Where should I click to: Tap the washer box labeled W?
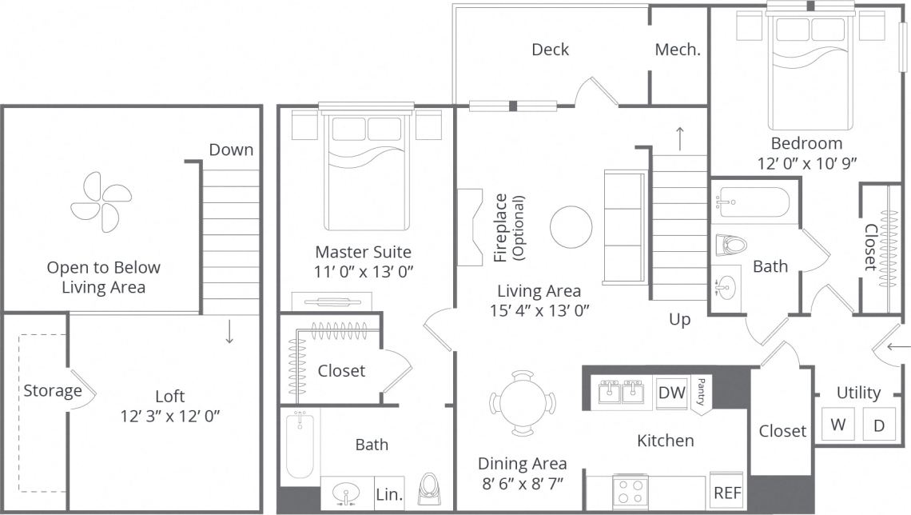coord(837,425)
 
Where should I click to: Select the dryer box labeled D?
coord(879,425)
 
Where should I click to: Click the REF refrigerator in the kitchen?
coord(726,493)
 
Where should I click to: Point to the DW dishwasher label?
coord(672,393)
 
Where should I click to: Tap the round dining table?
coord(523,403)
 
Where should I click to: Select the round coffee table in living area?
coord(571,226)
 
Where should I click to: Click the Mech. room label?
coord(678,50)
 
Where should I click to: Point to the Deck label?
coord(550,50)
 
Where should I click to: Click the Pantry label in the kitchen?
coord(701,392)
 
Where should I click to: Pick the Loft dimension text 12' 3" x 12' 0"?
coord(169,416)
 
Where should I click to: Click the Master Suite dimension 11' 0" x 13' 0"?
coord(364,271)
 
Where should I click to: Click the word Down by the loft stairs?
coord(231,150)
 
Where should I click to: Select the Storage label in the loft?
coord(52,391)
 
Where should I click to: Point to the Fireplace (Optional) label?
coord(508,228)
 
